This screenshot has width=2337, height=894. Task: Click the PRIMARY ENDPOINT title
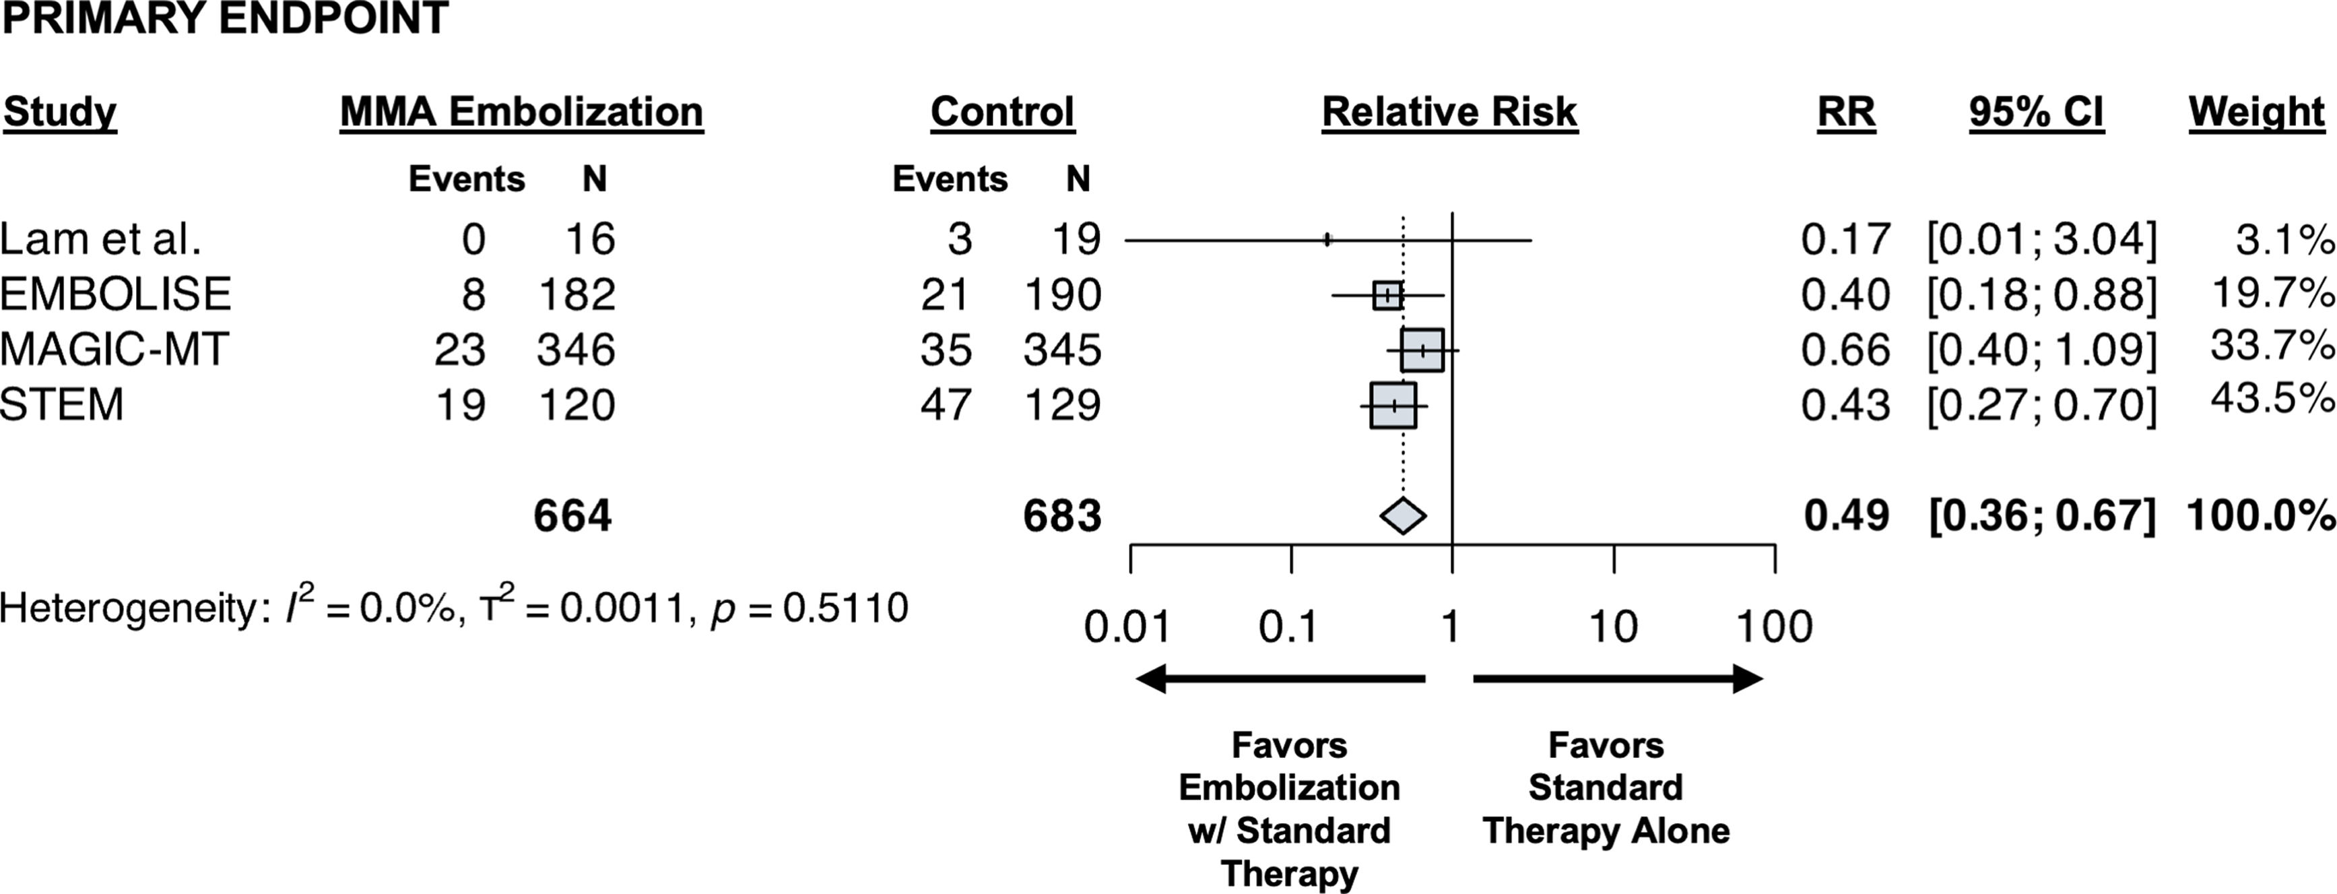coord(225,18)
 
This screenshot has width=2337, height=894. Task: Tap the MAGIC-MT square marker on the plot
coord(1422,350)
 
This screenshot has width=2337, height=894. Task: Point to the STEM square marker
coord(1393,405)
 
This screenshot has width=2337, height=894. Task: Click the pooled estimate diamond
coord(1403,515)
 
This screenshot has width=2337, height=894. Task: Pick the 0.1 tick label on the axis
coord(1288,627)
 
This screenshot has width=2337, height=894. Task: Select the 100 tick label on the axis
coord(1773,627)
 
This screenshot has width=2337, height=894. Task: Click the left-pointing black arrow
coord(1279,678)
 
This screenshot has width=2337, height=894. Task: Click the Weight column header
coord(2256,113)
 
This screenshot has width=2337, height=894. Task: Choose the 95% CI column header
coord(2036,113)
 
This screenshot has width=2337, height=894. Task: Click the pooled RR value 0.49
coord(1846,515)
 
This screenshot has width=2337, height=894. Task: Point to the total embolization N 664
coord(572,515)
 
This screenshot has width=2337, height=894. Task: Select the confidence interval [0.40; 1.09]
coord(2041,350)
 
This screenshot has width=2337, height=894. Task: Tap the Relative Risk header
coord(1449,113)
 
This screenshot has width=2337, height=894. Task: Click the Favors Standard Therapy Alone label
coord(1606,788)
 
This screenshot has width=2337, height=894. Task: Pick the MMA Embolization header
coord(522,113)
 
